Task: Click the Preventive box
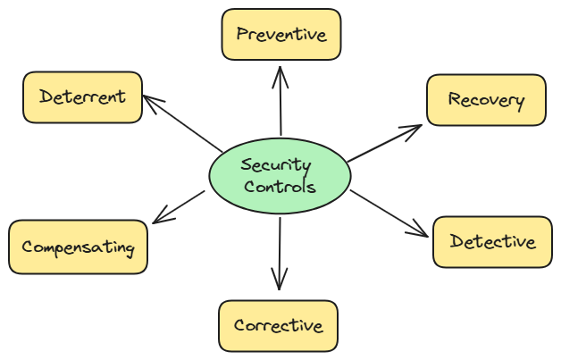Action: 281,34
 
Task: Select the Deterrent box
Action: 82,96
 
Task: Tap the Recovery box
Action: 485,100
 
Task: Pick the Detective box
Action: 492,241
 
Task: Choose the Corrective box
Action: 278,325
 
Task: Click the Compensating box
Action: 78,247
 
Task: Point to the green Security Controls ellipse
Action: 279,176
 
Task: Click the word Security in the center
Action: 276,165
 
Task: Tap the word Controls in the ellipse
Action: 280,188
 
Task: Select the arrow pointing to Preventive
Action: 280,103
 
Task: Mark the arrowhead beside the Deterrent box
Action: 149,101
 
